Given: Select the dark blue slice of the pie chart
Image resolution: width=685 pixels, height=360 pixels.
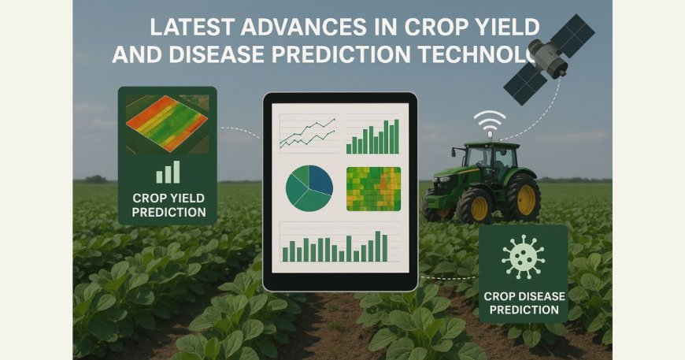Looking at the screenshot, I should coord(319,180).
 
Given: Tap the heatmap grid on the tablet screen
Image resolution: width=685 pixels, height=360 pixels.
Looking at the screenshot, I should coord(373,189).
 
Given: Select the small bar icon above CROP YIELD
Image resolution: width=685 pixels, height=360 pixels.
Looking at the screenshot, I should coord(167,173).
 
